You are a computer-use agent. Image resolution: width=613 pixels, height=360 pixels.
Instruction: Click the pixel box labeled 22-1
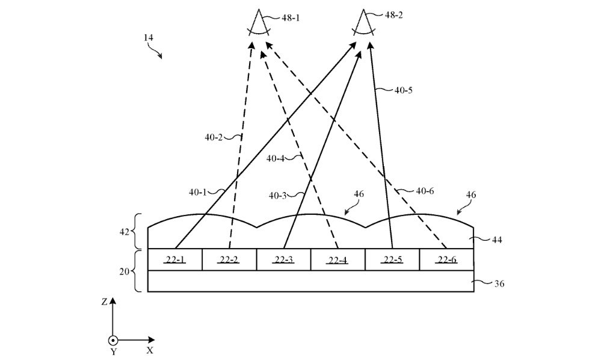pos(175,259)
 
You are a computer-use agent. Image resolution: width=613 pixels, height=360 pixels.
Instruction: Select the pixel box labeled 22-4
pos(338,259)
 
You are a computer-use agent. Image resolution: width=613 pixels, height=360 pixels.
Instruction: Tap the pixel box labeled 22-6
pos(447,259)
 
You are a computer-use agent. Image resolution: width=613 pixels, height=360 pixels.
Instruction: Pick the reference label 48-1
pos(291,17)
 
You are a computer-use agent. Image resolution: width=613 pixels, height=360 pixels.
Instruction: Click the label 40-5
pos(403,90)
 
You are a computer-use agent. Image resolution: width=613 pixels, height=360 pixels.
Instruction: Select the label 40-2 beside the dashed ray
pos(213,137)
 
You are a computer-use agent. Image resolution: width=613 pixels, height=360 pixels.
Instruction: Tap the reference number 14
pos(148,38)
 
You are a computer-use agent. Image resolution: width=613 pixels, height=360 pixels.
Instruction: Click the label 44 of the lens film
pos(496,240)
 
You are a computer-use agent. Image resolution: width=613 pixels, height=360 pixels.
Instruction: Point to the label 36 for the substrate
pos(499,284)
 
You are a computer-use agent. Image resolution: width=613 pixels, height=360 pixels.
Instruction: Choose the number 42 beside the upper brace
pos(124,232)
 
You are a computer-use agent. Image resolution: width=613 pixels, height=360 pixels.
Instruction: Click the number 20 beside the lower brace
pos(124,271)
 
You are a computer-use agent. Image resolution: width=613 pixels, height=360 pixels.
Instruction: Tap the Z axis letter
pos(104,302)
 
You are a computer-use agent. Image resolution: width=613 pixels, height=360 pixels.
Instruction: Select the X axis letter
pos(150,350)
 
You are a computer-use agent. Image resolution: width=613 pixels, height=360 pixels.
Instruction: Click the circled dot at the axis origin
pos(113,340)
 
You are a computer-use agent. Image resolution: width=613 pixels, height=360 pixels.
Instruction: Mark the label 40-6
pos(425,191)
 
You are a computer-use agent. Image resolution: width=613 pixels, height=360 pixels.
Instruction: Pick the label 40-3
pos(277,196)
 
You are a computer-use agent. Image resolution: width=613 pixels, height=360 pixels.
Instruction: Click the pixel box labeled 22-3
pos(284,259)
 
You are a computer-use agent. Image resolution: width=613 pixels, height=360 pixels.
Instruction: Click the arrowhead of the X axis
pos(152,340)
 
